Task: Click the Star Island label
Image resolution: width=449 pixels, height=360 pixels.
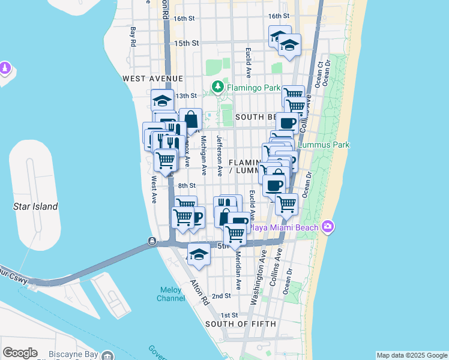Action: [x=35, y=206]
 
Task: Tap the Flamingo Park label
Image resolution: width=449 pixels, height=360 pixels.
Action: [x=253, y=88]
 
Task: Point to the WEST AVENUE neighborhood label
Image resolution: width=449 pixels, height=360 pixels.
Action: [x=152, y=79]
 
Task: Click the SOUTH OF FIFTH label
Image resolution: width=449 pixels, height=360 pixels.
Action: [x=241, y=324]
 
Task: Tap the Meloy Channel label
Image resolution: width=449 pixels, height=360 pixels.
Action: [x=170, y=294]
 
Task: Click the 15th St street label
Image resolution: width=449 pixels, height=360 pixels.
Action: [x=186, y=43]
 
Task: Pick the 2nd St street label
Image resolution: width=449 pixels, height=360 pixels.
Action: [x=221, y=296]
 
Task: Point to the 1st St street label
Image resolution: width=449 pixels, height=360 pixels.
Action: [x=229, y=315]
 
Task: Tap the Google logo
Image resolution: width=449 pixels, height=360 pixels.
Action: [x=20, y=353]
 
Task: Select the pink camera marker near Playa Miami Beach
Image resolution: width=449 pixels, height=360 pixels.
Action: [x=328, y=227]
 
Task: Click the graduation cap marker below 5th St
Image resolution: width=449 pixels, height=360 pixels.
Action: [x=199, y=254]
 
